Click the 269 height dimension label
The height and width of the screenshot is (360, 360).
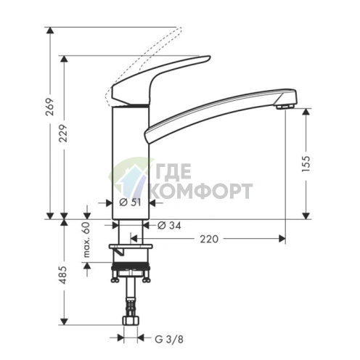(x=50, y=107)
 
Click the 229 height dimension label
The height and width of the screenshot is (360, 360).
(x=64, y=134)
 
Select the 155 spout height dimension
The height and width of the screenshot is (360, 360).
(x=306, y=164)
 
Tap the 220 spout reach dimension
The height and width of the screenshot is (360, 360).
(x=209, y=239)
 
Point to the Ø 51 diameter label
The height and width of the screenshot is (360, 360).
(x=130, y=202)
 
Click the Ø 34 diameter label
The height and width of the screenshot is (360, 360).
(x=169, y=226)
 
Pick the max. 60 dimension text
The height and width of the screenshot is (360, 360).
(x=86, y=240)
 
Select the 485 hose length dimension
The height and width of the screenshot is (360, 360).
(x=63, y=275)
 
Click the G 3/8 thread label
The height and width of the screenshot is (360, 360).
(x=169, y=340)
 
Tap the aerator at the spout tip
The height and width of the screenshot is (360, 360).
(x=285, y=106)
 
